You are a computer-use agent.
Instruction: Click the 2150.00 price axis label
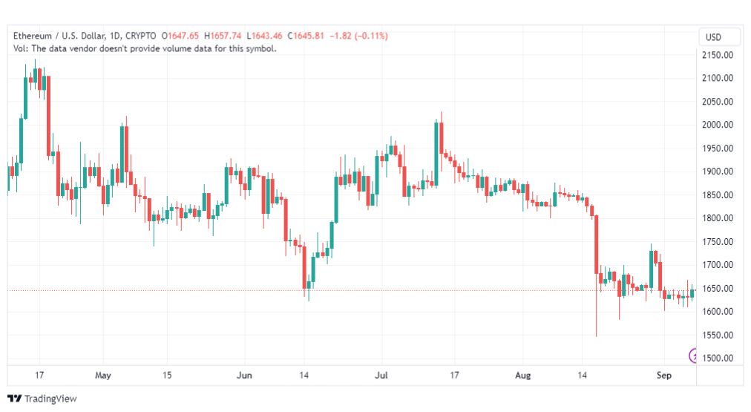coord(717,55)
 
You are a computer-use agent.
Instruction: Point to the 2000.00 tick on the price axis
coord(717,125)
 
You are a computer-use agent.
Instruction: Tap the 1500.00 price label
coord(717,358)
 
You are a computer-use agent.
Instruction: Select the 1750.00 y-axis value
coord(717,241)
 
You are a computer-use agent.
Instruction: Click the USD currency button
coord(713,37)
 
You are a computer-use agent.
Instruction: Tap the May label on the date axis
coord(103,375)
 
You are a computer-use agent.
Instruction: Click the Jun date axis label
coord(244,375)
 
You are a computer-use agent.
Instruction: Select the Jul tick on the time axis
coord(381,375)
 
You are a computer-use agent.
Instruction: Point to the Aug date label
coord(522,375)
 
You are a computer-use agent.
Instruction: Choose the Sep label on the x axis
coord(664,375)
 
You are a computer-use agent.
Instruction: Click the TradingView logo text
coord(50,399)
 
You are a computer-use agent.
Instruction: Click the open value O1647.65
coord(180,36)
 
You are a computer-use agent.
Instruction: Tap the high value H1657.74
coord(223,36)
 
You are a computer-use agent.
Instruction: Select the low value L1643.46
coord(264,36)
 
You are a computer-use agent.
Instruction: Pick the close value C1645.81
coord(306,36)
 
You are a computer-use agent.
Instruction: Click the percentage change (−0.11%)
coord(371,36)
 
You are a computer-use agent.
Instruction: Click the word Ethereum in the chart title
coord(32,36)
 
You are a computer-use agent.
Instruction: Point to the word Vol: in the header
coord(21,48)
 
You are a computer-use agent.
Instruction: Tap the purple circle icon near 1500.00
coord(692,356)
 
